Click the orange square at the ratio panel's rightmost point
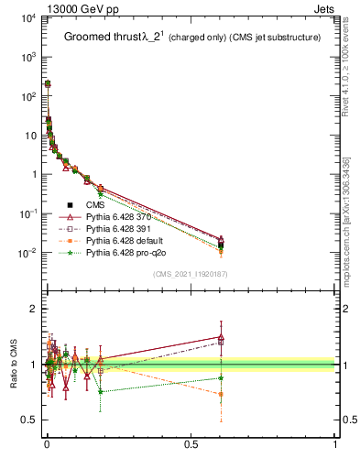(221, 394)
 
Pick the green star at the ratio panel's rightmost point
(221, 377)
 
